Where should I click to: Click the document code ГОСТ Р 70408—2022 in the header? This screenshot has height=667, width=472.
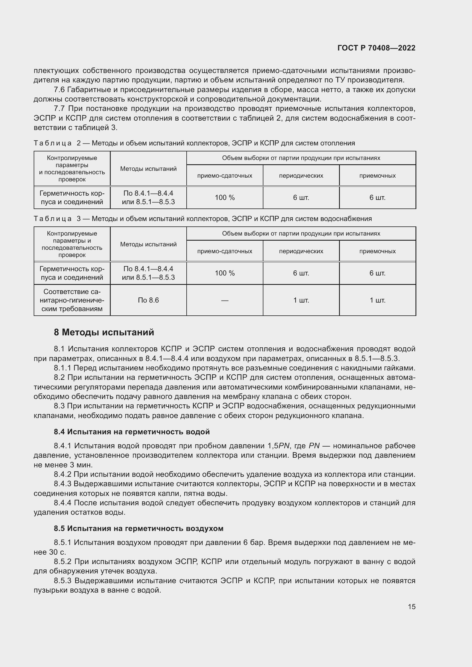click(376, 48)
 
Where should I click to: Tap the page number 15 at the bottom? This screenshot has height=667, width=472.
click(412, 607)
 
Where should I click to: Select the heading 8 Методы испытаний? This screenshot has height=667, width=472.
click(104, 332)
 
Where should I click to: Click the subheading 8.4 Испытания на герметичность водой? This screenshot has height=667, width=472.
click(132, 432)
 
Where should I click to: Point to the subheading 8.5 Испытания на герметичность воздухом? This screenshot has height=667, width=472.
click(138, 528)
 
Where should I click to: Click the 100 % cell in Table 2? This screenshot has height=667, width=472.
click(225, 198)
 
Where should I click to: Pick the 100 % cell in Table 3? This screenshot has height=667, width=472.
click(225, 273)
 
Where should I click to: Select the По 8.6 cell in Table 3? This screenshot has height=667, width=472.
click(148, 300)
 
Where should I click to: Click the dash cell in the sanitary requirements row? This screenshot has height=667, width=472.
click(225, 300)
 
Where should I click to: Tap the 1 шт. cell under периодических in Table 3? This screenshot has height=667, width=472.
click(301, 300)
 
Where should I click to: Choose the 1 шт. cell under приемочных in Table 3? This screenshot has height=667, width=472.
click(377, 300)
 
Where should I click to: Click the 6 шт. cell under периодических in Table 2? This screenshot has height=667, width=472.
click(301, 198)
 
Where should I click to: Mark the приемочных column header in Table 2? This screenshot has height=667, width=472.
click(377, 175)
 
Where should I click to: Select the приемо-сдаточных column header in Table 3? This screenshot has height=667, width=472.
click(225, 251)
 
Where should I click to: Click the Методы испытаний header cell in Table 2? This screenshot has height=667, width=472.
click(148, 169)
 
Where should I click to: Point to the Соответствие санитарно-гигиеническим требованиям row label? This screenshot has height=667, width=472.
click(72, 300)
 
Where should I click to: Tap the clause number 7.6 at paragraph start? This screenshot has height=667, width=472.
click(59, 90)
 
